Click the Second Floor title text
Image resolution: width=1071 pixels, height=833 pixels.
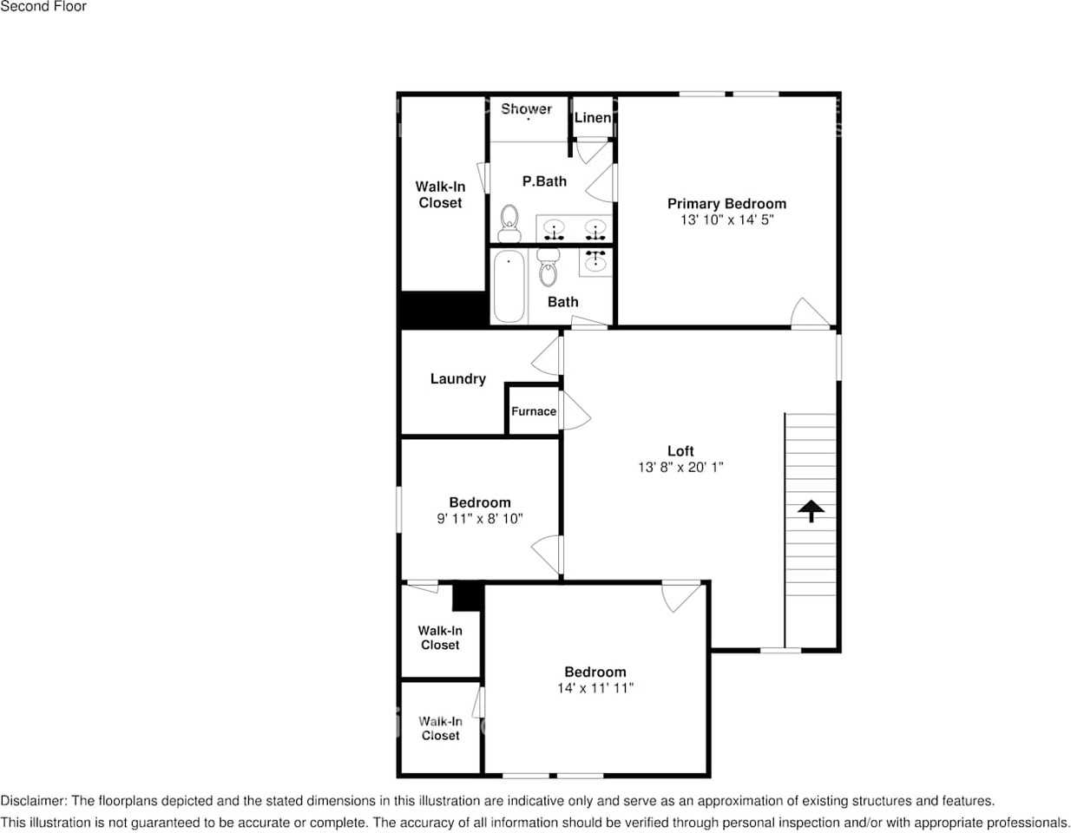[43, 7]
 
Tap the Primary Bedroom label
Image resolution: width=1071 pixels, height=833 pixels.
[726, 204]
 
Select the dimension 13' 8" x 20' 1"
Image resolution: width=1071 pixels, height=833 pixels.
[680, 467]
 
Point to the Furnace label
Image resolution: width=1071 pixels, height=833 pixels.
[533, 411]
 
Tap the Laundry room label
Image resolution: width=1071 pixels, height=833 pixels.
[457, 378]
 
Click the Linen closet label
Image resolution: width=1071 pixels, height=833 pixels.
[592, 117]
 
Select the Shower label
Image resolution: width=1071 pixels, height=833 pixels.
[526, 108]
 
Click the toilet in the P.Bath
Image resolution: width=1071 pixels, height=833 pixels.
[509, 222]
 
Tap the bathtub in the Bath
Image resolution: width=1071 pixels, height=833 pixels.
[509, 286]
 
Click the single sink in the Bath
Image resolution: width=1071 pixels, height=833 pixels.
[595, 260]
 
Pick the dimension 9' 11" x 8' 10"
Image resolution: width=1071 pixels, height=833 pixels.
[479, 519]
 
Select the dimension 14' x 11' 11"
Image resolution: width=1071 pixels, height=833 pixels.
[595, 688]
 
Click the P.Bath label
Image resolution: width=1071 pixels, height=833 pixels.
[544, 181]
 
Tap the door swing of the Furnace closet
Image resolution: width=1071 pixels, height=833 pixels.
[576, 411]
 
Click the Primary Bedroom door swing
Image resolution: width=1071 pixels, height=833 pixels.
[807, 313]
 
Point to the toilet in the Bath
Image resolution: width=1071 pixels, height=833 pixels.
[547, 267]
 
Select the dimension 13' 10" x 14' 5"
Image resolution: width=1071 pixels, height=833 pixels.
[726, 220]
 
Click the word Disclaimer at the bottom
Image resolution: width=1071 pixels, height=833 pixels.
[33, 801]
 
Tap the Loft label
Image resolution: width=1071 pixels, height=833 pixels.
[680, 450]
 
